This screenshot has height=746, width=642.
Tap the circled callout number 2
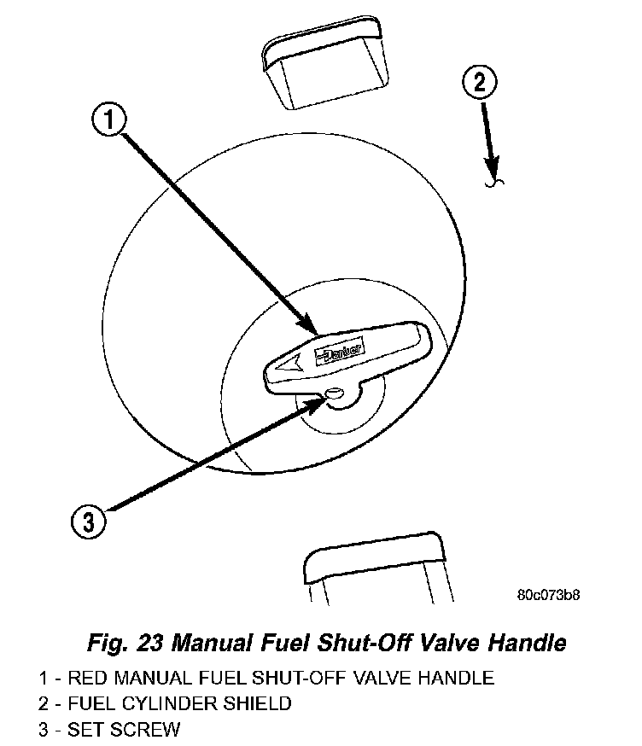click(x=479, y=83)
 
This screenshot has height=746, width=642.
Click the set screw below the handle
click(x=336, y=393)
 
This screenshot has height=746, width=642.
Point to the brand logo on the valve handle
click(x=341, y=353)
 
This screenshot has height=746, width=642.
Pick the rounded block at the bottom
click(x=376, y=568)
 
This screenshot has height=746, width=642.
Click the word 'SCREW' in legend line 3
click(x=151, y=730)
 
